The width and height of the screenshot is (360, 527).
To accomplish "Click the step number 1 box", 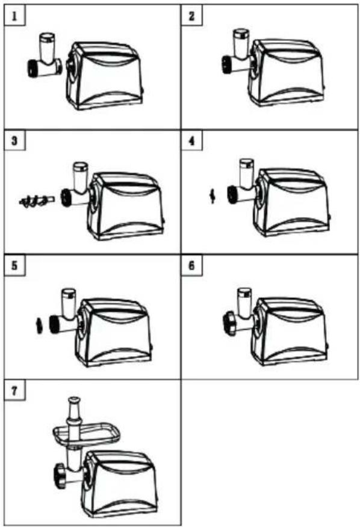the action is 14,16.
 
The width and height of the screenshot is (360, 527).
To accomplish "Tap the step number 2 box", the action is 191,16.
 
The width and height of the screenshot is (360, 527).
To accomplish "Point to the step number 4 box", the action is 191,141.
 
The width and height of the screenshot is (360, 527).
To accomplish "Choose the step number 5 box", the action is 14,266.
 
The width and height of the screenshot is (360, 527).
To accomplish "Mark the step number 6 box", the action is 191,266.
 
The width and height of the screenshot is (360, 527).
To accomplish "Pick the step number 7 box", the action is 14,391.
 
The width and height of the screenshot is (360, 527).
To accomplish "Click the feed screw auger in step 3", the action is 36,201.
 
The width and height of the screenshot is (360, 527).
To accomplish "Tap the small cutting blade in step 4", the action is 212,196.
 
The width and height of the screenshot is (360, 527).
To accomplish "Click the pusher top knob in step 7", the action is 74,401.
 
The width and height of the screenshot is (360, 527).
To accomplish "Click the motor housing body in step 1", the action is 105,75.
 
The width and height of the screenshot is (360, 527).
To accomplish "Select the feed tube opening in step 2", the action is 241,33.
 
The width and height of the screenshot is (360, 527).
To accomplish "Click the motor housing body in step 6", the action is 289,331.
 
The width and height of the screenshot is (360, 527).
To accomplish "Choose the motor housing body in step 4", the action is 291,202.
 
